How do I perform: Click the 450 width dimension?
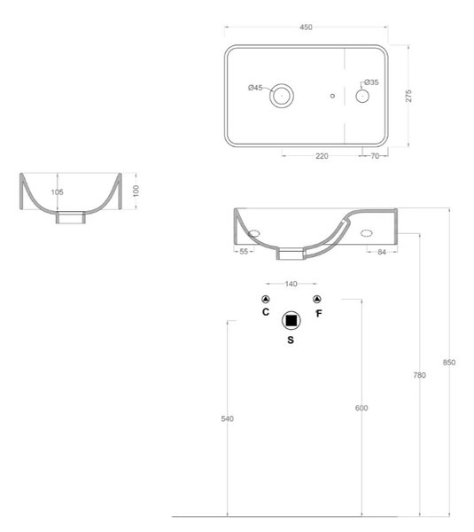click(306, 27)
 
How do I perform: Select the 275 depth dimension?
click(408, 96)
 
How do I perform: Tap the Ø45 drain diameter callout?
click(255, 88)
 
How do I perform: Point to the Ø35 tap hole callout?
click(371, 82)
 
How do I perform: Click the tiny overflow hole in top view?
click(332, 96)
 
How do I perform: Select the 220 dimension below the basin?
click(322, 156)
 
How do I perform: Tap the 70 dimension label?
click(375, 156)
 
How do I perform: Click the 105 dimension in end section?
click(58, 192)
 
